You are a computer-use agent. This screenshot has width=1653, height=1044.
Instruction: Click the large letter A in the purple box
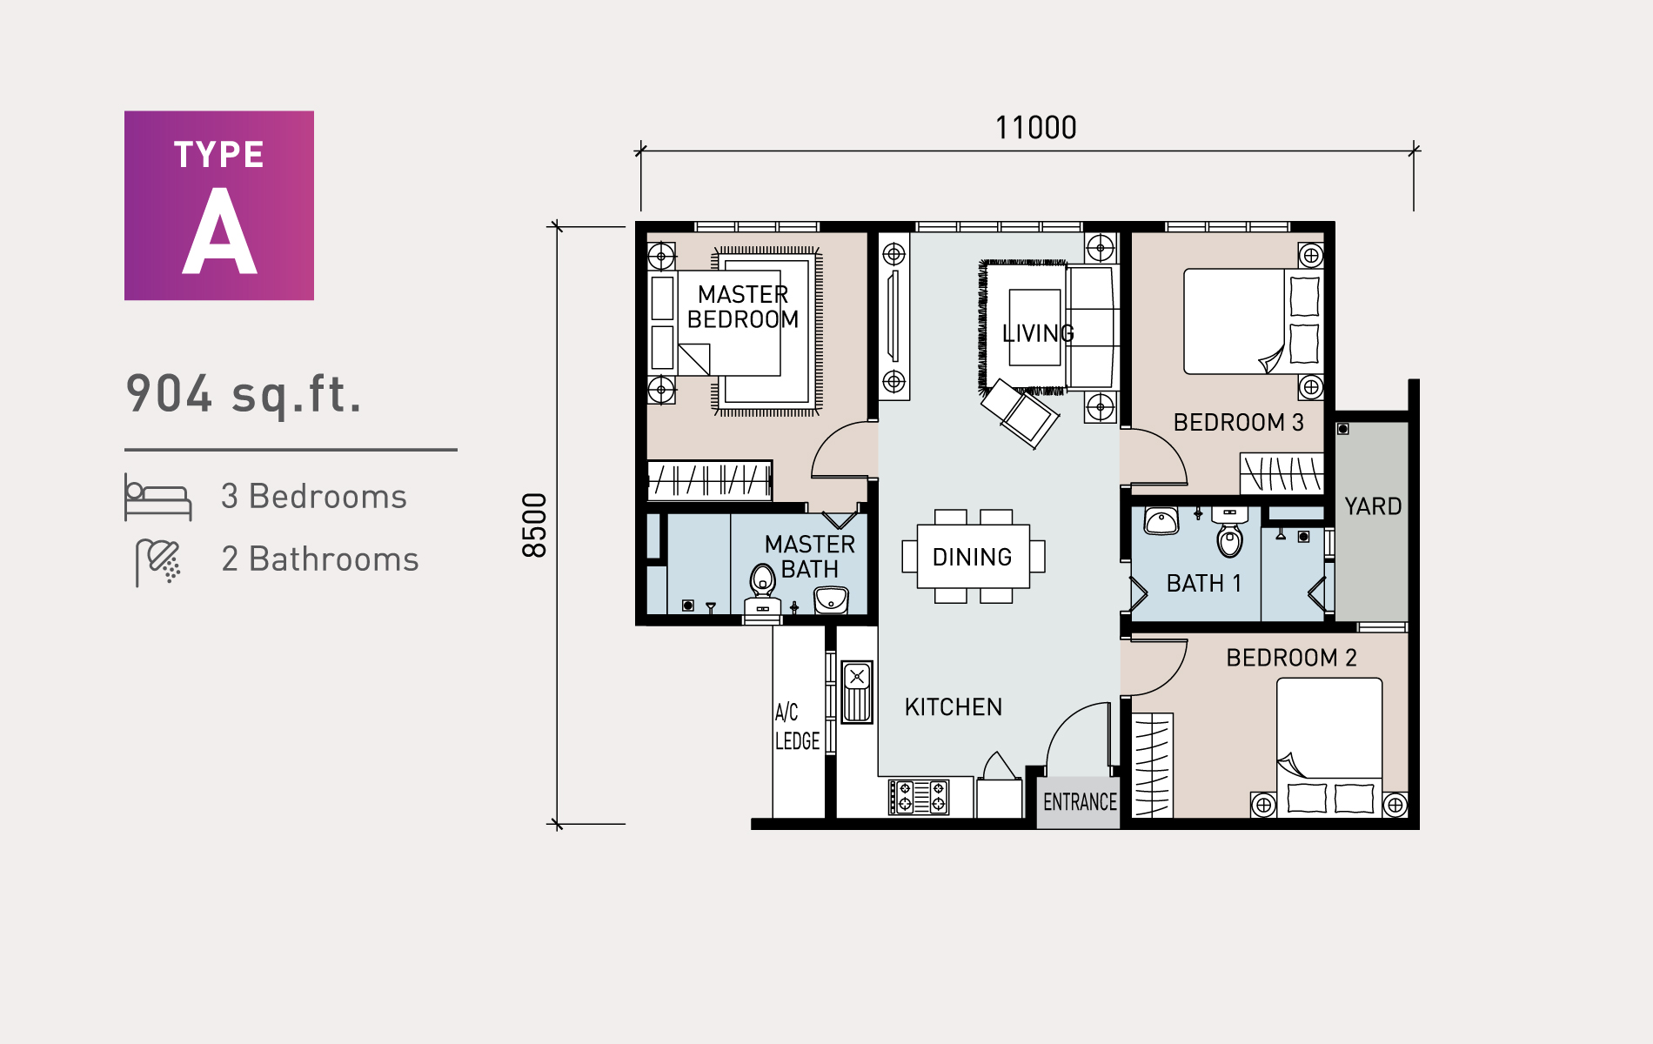[219, 233]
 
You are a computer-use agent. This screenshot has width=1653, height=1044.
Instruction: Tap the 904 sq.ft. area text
[244, 393]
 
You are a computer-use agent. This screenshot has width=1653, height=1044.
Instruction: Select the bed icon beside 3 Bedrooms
[157, 498]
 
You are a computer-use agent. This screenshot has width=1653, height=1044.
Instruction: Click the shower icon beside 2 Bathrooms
[158, 561]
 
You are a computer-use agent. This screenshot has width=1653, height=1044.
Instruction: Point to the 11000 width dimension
[1035, 128]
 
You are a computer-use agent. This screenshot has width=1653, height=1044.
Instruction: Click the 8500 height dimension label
[534, 525]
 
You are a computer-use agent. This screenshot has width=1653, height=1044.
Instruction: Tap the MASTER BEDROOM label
[743, 307]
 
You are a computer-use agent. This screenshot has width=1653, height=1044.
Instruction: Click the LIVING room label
[1037, 333]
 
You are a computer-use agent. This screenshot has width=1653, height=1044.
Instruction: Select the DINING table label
[972, 557]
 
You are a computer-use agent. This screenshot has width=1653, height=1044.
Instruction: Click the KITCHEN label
[953, 707]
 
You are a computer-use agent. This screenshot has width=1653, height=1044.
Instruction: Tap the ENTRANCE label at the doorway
[1080, 802]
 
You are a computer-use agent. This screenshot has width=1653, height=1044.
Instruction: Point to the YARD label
[1373, 506]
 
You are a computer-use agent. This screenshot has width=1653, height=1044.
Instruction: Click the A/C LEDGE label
[796, 727]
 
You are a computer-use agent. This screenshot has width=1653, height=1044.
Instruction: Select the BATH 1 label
[1203, 583]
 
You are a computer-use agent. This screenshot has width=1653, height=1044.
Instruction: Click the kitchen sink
[857, 692]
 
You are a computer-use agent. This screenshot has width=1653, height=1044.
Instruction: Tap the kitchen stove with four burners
[919, 797]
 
